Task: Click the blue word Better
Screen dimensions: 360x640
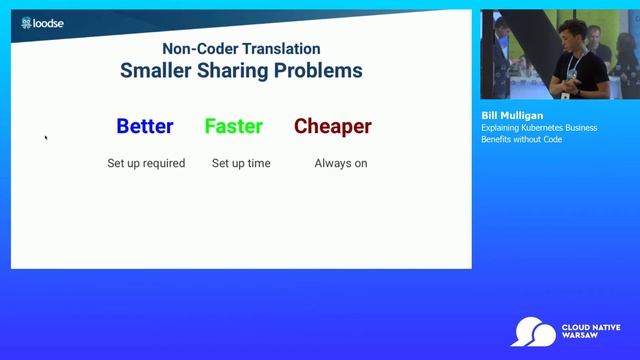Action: coord(145,127)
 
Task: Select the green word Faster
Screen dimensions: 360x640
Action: coord(234,127)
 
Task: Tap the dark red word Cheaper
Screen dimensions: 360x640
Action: coord(333,127)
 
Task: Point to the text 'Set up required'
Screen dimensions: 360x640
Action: coord(146,163)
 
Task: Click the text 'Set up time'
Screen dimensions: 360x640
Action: coord(241,163)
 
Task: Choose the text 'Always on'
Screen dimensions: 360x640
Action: coord(341,163)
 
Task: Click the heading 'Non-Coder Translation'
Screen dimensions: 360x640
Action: coord(241,48)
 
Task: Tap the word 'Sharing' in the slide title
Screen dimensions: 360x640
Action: coord(240,71)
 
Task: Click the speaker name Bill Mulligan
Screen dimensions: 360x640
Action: coord(512,116)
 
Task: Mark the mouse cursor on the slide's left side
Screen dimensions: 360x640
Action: coord(46,138)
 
